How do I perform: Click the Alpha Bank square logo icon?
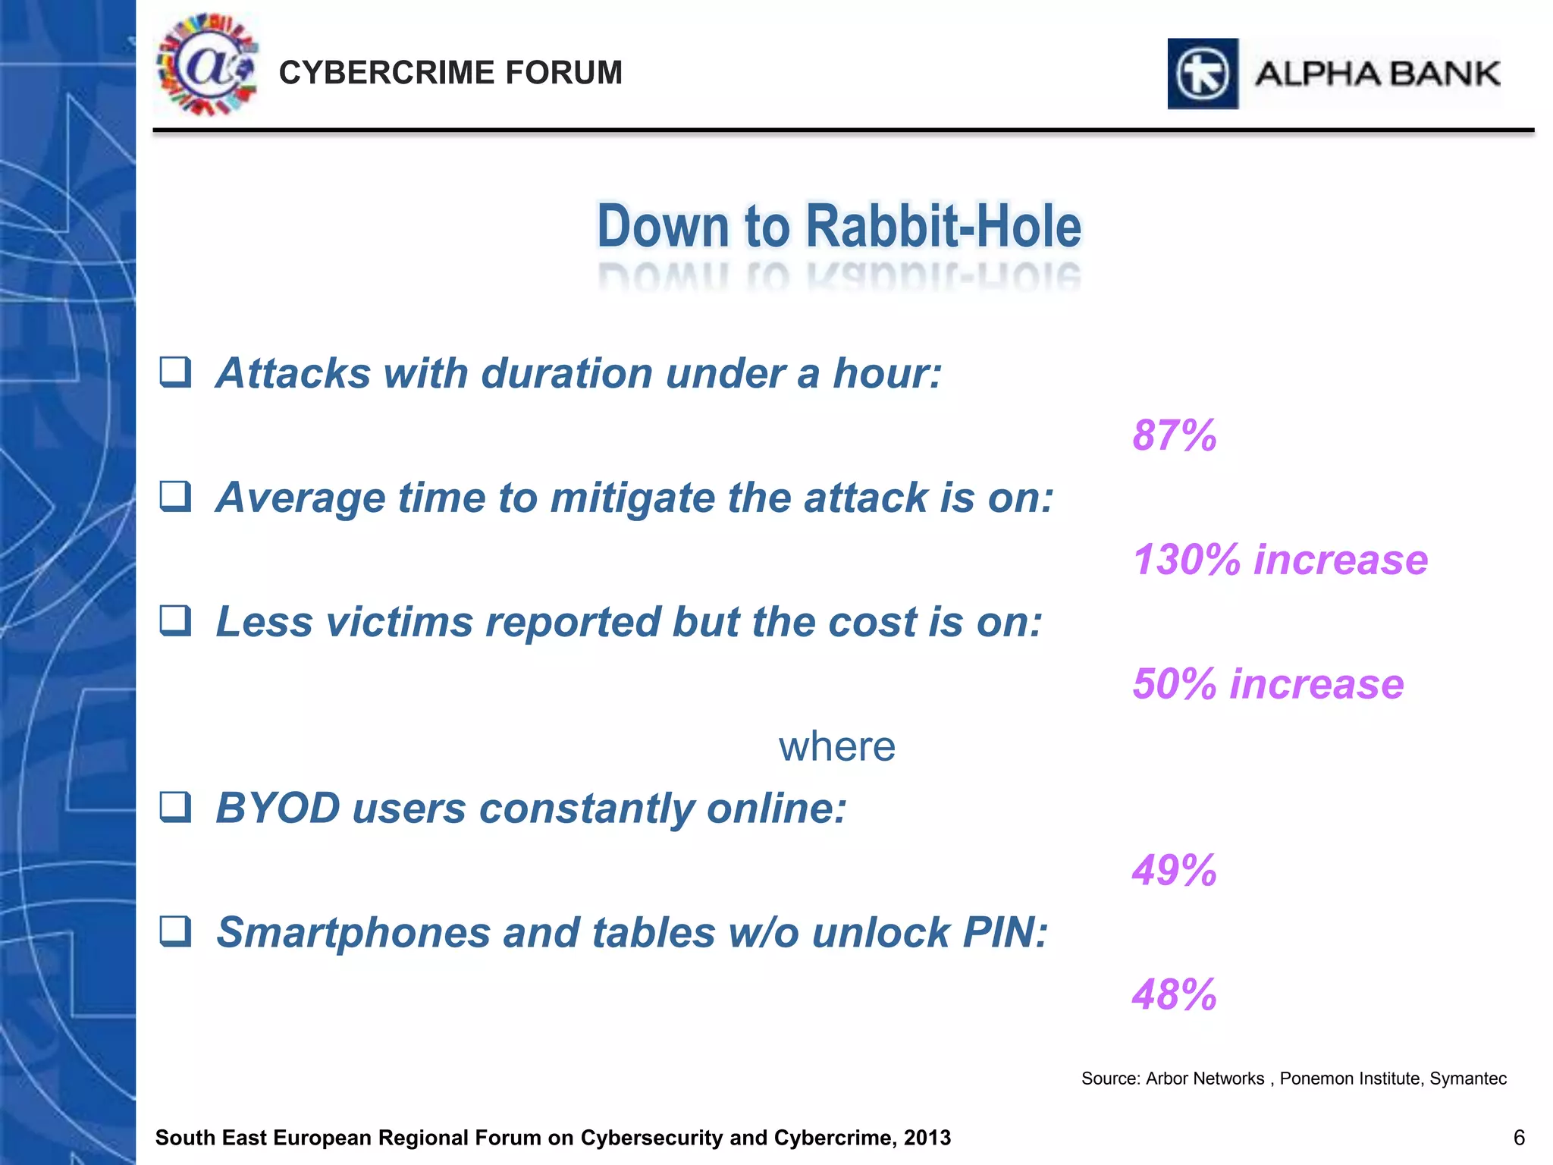coord(1203,74)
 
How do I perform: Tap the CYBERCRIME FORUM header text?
coord(450,73)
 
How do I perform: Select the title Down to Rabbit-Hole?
coord(839,226)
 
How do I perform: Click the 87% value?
coord(1174,435)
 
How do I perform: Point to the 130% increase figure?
coord(1280,560)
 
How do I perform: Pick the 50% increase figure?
coord(1268,684)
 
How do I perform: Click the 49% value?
coord(1174,870)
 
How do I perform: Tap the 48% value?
coord(1174,994)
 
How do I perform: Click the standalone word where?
coord(837,746)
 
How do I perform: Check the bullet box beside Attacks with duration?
coord(175,372)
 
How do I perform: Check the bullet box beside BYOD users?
coord(175,807)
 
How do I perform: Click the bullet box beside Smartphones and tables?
coord(175,931)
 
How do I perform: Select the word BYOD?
coord(278,808)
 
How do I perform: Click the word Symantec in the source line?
coord(1467,1079)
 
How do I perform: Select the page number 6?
coord(1519,1138)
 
